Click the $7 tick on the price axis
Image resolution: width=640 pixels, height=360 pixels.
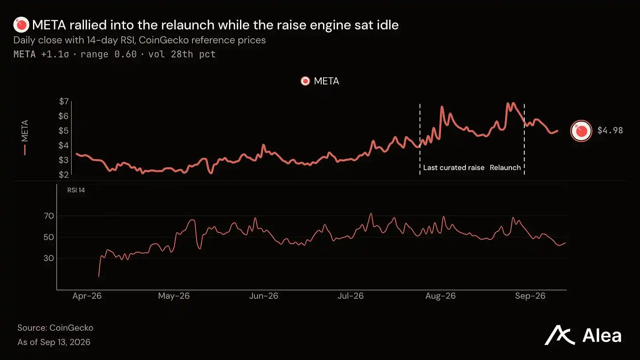click(64, 102)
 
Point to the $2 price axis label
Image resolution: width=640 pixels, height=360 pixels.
click(64, 175)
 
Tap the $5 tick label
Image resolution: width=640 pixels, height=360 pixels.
click(64, 131)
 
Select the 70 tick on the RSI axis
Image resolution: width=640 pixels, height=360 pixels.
click(49, 216)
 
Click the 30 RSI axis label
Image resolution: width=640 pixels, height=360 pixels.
click(49, 258)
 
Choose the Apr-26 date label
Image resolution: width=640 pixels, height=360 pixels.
click(87, 296)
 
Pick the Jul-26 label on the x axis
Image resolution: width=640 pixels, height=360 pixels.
click(351, 296)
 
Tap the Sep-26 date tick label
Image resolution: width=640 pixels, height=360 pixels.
click(530, 296)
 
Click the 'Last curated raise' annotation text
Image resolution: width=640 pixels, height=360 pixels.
click(454, 168)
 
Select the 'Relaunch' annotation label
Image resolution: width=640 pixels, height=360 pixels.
click(505, 168)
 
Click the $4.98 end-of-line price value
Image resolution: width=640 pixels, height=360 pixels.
click(610, 131)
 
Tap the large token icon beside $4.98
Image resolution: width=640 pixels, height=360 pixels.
click(581, 131)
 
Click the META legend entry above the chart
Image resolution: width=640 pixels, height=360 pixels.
click(320, 81)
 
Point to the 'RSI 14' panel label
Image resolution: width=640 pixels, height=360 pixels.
click(76, 190)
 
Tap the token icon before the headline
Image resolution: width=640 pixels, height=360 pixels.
click(21, 25)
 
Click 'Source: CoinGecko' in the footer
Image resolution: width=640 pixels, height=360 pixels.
click(55, 328)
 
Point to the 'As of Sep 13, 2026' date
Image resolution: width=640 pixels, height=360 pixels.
click(54, 342)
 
